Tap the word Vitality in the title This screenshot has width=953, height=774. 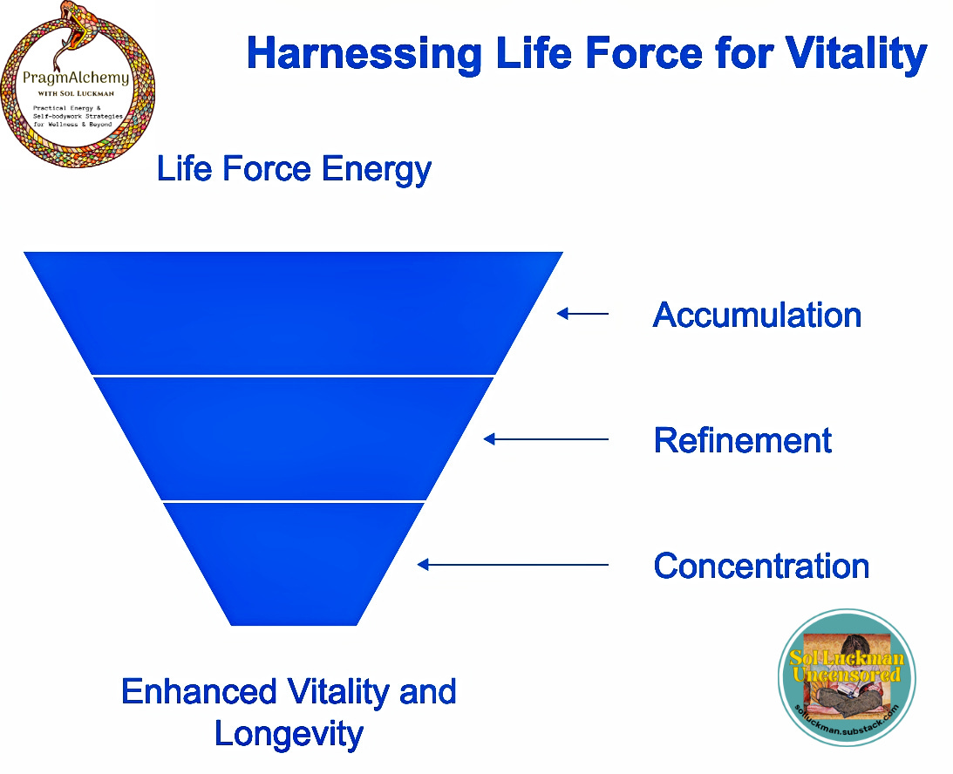(x=854, y=53)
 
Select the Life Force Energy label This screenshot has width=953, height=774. (x=294, y=169)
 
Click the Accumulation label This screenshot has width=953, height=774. (x=757, y=315)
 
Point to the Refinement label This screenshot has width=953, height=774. (x=743, y=440)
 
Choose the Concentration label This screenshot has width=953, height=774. (x=761, y=566)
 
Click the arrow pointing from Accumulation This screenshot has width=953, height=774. (x=582, y=314)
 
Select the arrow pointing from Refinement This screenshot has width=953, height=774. (x=546, y=439)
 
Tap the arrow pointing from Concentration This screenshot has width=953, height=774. (x=513, y=565)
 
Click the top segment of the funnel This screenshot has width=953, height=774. (x=294, y=313)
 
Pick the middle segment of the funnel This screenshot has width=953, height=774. (x=294, y=438)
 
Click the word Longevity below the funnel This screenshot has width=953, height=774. (x=289, y=734)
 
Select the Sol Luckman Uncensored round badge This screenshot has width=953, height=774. (x=847, y=677)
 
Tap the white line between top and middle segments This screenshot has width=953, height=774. (x=294, y=376)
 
